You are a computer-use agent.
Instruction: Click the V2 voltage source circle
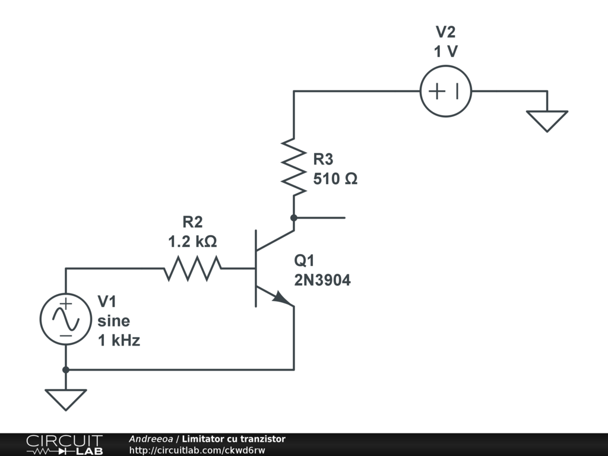coord(446,66)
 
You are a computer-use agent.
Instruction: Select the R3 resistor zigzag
coord(293,167)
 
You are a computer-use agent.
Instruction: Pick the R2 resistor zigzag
coord(193,268)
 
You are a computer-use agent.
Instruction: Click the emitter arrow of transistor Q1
coord(282,298)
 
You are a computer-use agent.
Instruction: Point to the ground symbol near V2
coord(547,121)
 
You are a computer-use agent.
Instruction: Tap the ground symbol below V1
coord(66,400)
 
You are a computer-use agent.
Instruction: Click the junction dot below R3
coord(294,218)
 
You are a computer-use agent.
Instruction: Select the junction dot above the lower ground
coord(66,370)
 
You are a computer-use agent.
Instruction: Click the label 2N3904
coord(322,280)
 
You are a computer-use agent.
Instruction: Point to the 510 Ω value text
coord(335,179)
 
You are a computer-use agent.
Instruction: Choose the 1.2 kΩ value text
coord(192,242)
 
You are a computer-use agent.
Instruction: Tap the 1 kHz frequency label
coord(119,340)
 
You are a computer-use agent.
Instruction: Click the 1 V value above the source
coord(446,51)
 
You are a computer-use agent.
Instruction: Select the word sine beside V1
coord(113,321)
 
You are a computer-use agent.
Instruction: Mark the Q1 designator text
coord(305,261)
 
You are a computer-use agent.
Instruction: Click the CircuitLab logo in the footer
coord(65,445)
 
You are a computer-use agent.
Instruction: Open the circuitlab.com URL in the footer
coord(197,450)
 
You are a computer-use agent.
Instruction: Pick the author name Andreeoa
coord(151,439)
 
